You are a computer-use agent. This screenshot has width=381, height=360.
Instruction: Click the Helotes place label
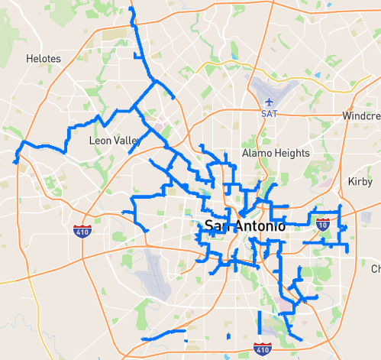pyautogui.click(x=43, y=58)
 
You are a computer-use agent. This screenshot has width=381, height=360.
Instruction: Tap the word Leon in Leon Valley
pyautogui.click(x=101, y=141)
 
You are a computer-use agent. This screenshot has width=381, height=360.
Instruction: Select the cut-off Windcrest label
pyautogui.click(x=361, y=115)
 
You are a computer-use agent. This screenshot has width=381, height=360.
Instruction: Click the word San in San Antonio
pyautogui.click(x=218, y=226)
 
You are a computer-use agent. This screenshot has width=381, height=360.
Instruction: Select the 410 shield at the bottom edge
pyautogui.click(x=263, y=349)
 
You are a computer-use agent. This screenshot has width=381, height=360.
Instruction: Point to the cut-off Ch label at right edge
pyautogui.click(x=376, y=269)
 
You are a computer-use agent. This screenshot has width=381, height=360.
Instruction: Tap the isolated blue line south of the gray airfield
pyautogui.click(x=163, y=335)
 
